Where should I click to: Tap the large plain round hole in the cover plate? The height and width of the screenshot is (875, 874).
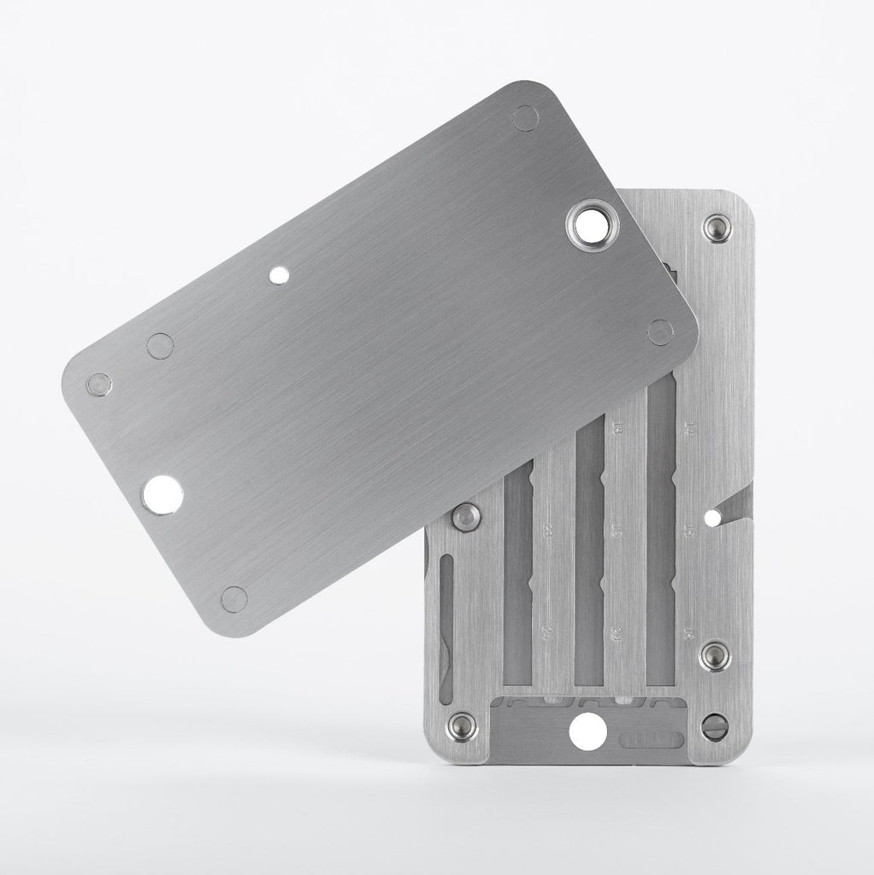[162, 495]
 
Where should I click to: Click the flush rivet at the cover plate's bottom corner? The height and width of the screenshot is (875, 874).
[233, 598]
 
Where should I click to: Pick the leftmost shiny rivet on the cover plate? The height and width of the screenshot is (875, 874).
[100, 385]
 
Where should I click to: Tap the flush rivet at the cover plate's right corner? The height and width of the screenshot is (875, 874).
[660, 332]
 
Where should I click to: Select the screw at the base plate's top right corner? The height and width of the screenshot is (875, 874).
[715, 228]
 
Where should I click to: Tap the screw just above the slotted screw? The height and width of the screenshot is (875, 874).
[714, 656]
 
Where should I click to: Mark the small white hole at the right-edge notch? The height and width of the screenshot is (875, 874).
[712, 515]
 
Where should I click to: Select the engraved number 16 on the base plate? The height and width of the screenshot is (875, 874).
[689, 633]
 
